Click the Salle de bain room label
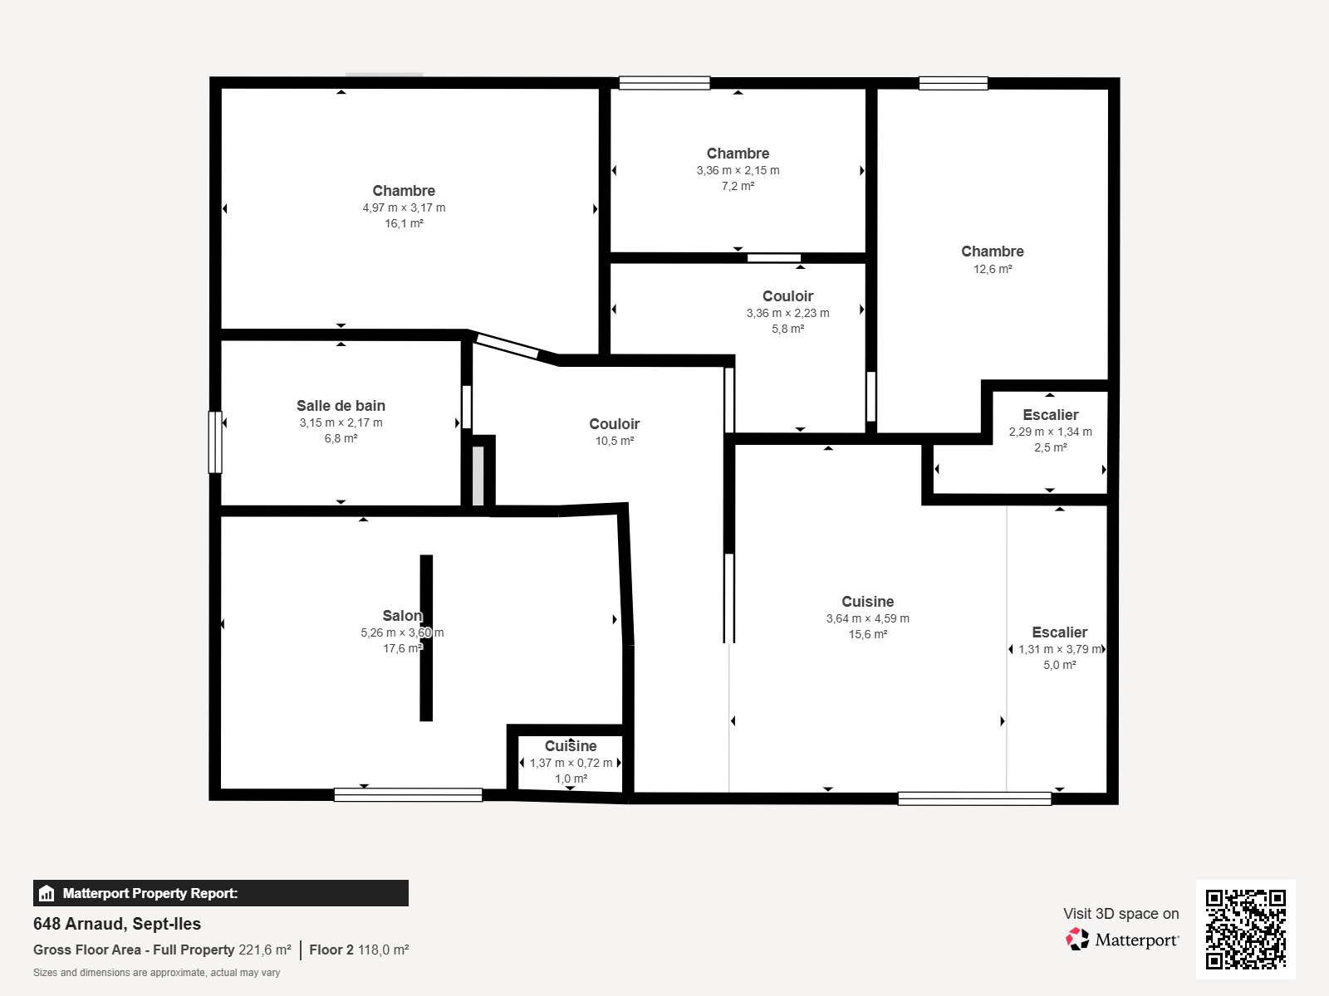click(x=341, y=406)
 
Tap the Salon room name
click(x=403, y=616)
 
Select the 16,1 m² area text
click(x=404, y=224)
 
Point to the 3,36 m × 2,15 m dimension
click(x=738, y=170)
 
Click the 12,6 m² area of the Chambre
click(x=993, y=269)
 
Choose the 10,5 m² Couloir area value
click(x=615, y=441)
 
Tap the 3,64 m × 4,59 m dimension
click(x=868, y=618)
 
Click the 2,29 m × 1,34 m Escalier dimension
click(x=1051, y=432)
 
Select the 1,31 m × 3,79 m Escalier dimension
click(x=1060, y=650)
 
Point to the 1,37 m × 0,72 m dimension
click(x=571, y=763)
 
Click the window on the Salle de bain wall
click(x=215, y=442)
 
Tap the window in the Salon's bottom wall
click(x=408, y=795)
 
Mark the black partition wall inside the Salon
click(x=426, y=638)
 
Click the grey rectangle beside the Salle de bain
click(x=478, y=476)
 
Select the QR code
click(x=1245, y=930)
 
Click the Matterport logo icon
click(x=1077, y=940)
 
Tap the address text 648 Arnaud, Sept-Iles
click(x=117, y=924)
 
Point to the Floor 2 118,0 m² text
click(x=359, y=950)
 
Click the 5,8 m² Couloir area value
click(x=787, y=329)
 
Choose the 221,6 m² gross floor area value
click(x=265, y=950)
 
